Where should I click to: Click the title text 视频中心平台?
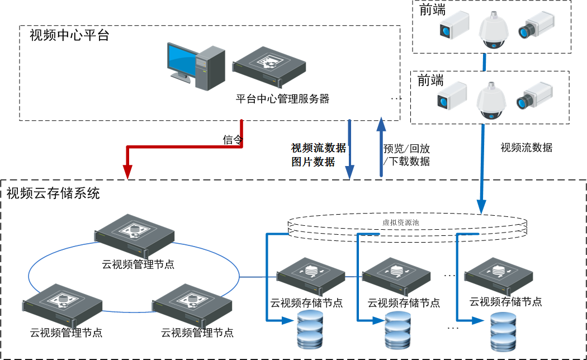tap(69, 36)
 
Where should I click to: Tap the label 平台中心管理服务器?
tap(282, 100)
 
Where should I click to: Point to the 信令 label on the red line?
tap(233, 140)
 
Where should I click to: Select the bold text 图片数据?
tap(313, 162)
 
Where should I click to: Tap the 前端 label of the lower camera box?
tap(430, 81)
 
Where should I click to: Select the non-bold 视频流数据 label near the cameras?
tap(526, 148)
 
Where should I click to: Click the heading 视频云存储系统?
tap(53, 193)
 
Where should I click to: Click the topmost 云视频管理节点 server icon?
tap(135, 233)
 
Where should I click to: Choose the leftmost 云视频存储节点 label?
tap(306, 303)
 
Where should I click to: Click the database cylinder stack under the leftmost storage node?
tap(310, 330)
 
